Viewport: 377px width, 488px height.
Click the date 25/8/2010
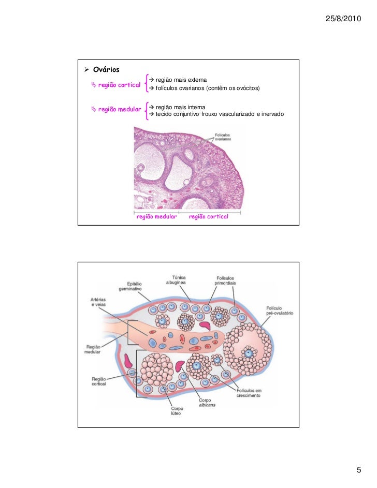[x=343, y=19]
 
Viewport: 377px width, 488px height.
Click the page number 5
[x=358, y=470]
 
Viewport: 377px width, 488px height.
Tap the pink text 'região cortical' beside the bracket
[x=119, y=85]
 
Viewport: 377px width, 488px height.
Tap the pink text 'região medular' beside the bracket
[x=119, y=109]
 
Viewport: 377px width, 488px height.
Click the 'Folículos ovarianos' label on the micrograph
[x=223, y=138]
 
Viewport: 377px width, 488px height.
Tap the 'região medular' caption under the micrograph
[x=156, y=217]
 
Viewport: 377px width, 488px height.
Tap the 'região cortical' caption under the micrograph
[x=208, y=217]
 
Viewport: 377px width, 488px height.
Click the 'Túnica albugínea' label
[x=176, y=280]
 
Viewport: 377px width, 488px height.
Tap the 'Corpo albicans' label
[x=207, y=402]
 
